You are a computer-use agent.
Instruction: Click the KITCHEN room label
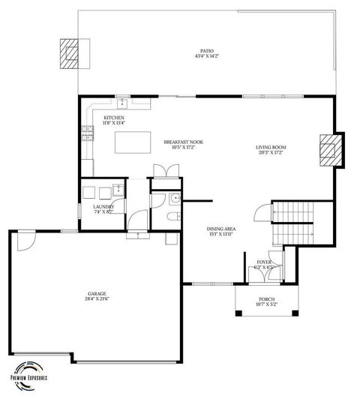tap(114, 118)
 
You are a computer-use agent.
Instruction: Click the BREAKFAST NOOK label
tap(184, 142)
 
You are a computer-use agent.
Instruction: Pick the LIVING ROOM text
tap(271, 148)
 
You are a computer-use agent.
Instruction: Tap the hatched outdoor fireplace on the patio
tap(69, 54)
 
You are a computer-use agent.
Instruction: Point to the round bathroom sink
tap(173, 199)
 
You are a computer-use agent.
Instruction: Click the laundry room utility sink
tap(117, 190)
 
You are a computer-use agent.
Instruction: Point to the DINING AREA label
tap(221, 228)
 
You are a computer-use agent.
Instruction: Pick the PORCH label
tap(266, 299)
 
